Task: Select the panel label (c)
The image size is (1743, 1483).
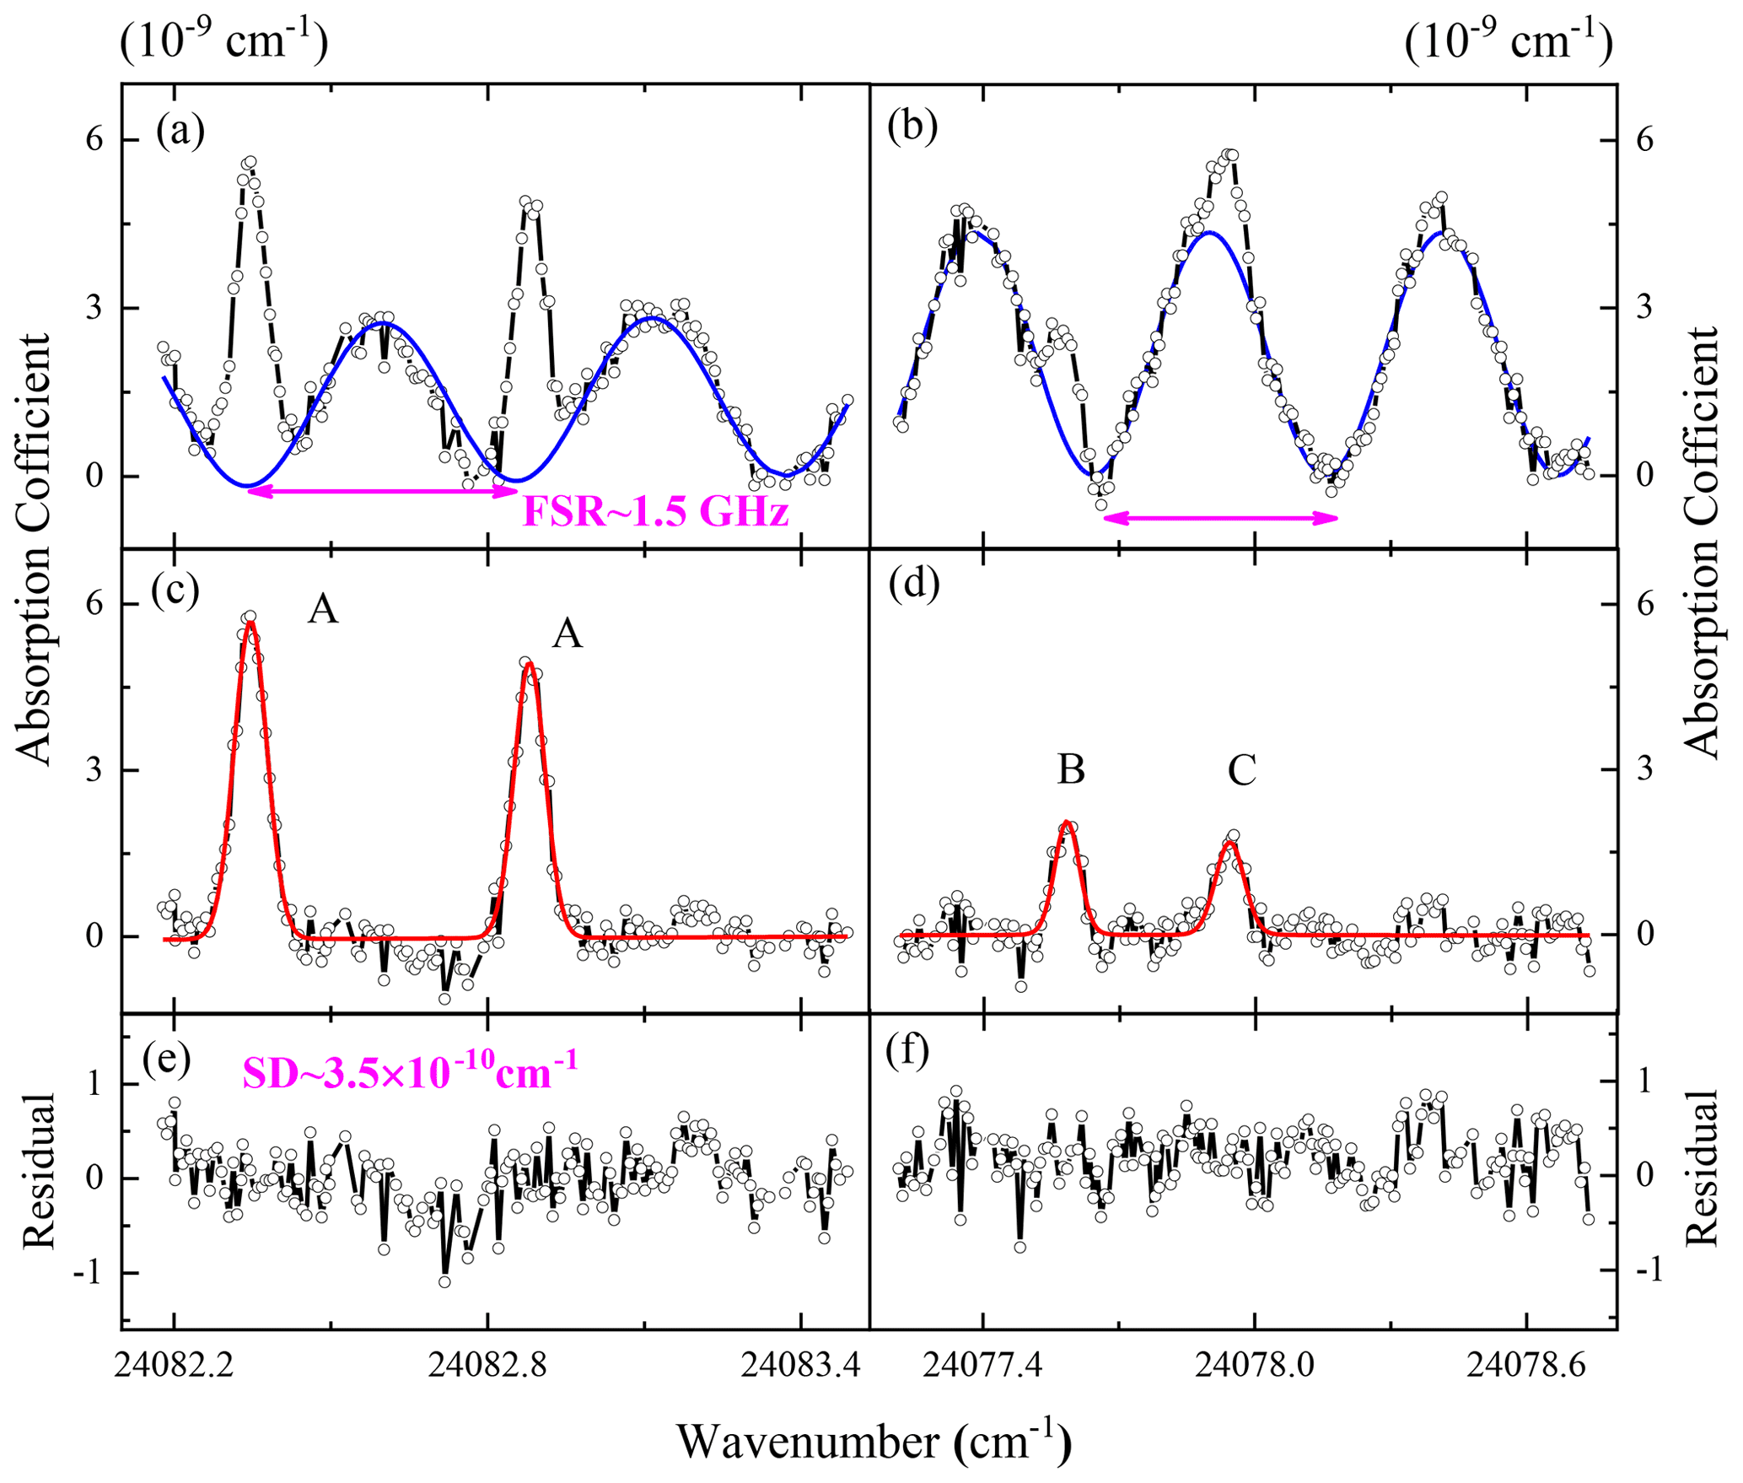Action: (175, 590)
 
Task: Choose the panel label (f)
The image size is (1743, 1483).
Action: (907, 1050)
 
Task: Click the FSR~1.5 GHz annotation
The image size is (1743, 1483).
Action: (656, 511)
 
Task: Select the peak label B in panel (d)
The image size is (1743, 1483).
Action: (1071, 769)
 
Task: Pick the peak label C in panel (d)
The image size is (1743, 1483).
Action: (1242, 769)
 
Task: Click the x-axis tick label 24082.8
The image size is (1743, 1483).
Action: (487, 1365)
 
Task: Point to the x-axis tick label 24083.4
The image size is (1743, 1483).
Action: (801, 1365)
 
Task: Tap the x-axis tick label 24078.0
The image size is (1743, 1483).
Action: (1255, 1365)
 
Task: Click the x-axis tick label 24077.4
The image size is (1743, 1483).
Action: (982, 1365)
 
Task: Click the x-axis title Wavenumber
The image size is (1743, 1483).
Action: (874, 1441)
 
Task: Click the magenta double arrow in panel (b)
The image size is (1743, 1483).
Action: (1221, 518)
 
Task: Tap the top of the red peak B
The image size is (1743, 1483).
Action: (1067, 822)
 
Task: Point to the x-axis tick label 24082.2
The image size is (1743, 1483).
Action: (174, 1365)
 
